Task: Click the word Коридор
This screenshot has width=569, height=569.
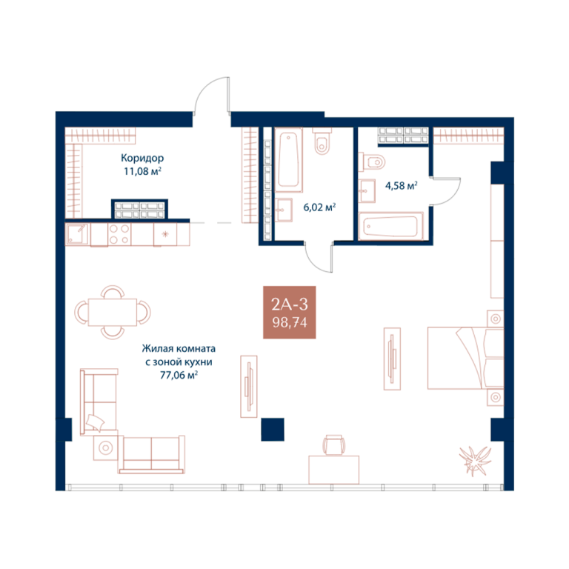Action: pos(142,159)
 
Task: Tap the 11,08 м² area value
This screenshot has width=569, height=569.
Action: pos(142,171)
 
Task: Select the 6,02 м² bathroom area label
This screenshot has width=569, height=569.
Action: pos(319,207)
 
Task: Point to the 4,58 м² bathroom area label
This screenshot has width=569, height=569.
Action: pos(401,186)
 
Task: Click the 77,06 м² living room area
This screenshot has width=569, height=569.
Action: pos(179,375)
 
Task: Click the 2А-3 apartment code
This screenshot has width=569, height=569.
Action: pos(290,305)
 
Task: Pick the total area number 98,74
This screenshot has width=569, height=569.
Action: pos(290,322)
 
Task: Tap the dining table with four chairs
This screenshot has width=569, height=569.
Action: pos(113,313)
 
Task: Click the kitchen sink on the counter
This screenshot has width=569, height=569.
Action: pos(77,234)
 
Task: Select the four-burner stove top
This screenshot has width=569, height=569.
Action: pos(119,234)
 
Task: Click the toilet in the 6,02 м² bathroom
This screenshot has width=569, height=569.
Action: pos(322,141)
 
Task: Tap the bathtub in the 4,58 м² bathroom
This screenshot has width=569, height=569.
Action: pos(391,227)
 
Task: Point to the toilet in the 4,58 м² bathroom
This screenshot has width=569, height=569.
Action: pos(372,162)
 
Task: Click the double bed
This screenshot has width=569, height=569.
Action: pos(465,358)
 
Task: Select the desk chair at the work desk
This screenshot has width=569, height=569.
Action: pos(334,445)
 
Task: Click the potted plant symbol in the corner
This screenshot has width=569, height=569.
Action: pos(475,462)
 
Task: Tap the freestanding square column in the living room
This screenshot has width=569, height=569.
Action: pos(273,430)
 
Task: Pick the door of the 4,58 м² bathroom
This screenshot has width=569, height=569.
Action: pos(445,192)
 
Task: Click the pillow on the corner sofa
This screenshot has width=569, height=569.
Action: pos(95,423)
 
